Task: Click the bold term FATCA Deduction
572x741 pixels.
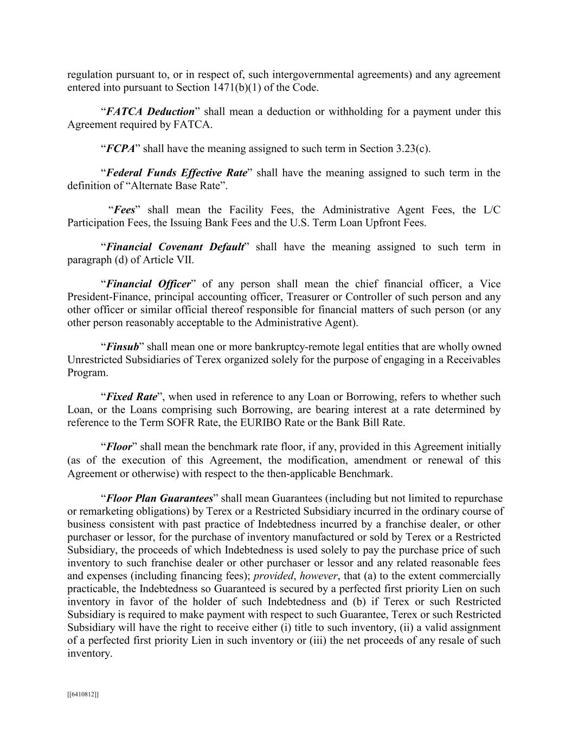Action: click(x=150, y=112)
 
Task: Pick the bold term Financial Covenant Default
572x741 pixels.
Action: click(x=175, y=247)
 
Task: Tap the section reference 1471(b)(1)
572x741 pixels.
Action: click(x=241, y=87)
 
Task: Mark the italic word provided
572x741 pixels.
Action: click(x=273, y=576)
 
